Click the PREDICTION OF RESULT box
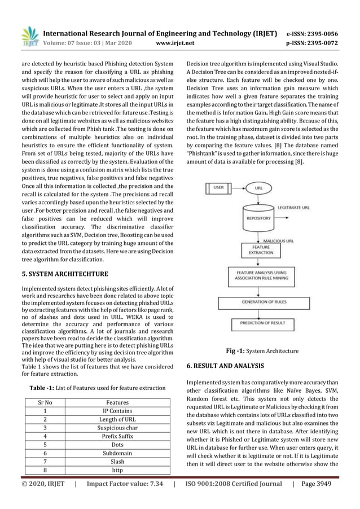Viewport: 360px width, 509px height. [x=260, y=324]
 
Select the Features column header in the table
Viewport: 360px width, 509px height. [x=117, y=403]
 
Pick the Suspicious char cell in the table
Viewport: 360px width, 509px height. [x=117, y=429]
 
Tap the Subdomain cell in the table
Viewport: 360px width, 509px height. [x=117, y=453]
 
